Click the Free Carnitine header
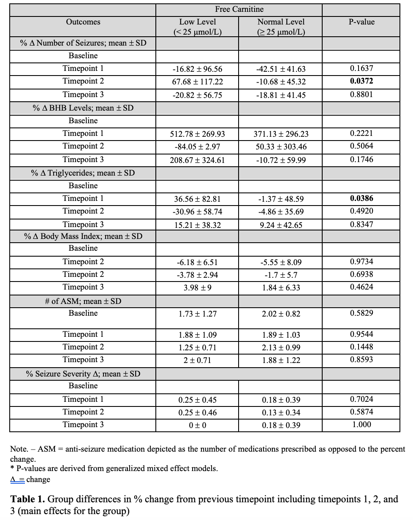click(x=239, y=9)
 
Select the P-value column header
click(x=361, y=22)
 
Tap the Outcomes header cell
click(x=83, y=22)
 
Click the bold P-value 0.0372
click(x=361, y=81)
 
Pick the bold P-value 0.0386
click(x=361, y=198)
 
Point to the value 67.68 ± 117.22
click(x=197, y=81)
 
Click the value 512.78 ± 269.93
click(x=197, y=134)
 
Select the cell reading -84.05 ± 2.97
click(x=197, y=146)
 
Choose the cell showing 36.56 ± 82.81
click(x=197, y=199)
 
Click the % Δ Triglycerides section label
click(x=83, y=173)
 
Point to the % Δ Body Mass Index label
click(x=83, y=236)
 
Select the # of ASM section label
click(x=83, y=301)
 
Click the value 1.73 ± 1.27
click(x=197, y=314)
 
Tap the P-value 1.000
click(x=361, y=425)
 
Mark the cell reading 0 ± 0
click(x=197, y=425)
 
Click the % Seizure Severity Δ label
click(x=83, y=374)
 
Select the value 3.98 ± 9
click(x=197, y=287)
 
